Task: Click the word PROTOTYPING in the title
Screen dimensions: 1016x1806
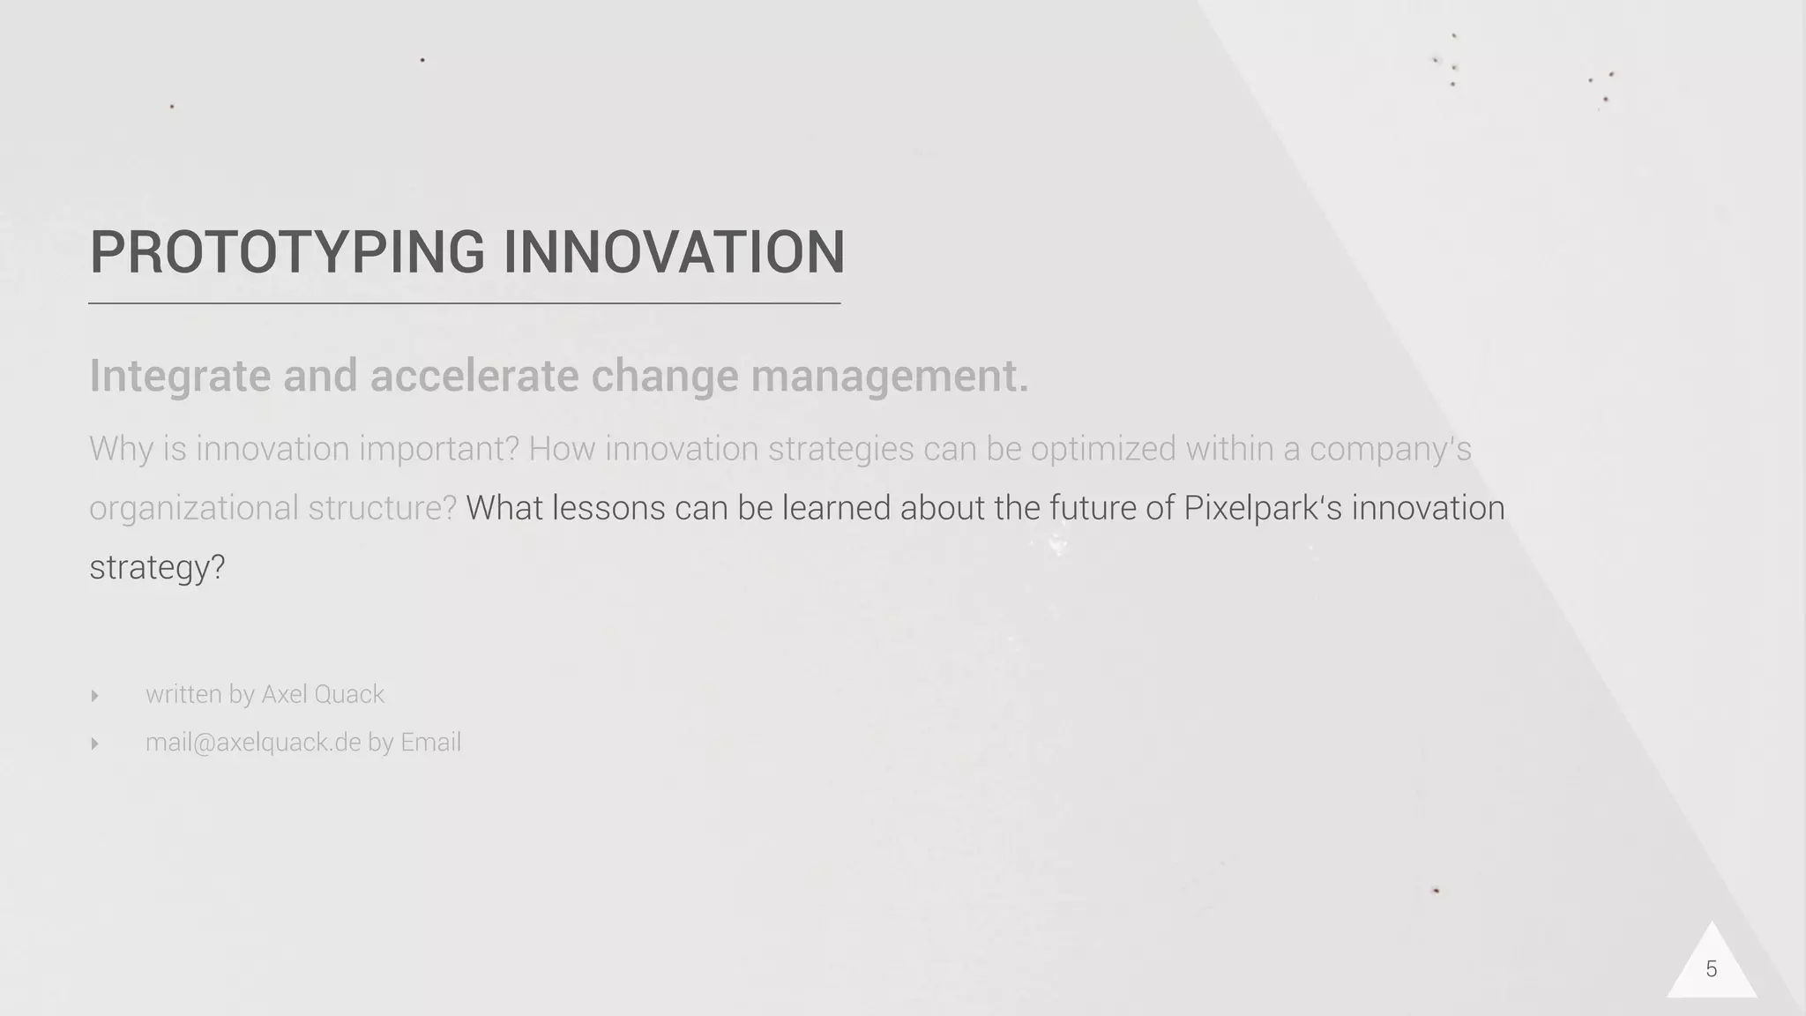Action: tap(287, 252)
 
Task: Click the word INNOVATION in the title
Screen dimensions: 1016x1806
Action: tap(675, 252)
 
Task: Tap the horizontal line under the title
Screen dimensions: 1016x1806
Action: tap(464, 303)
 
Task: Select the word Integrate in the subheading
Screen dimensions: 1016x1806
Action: tap(180, 377)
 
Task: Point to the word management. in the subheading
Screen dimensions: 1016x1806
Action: tap(889, 377)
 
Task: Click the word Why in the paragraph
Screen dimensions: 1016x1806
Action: tap(121, 450)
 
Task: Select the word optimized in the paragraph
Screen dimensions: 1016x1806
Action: tap(1102, 450)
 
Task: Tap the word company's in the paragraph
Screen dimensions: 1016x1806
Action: tap(1390, 450)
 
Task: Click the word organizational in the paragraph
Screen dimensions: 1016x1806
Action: tap(193, 509)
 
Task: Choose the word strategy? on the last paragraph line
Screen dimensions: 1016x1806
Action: tap(157, 567)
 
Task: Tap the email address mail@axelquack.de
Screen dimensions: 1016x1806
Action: tap(253, 743)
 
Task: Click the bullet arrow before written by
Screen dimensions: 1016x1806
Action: tap(94, 696)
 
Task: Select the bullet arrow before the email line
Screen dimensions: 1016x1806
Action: tap(94, 743)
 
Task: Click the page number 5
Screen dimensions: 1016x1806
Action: tap(1711, 969)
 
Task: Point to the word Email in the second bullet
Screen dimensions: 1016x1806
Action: tap(430, 743)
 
